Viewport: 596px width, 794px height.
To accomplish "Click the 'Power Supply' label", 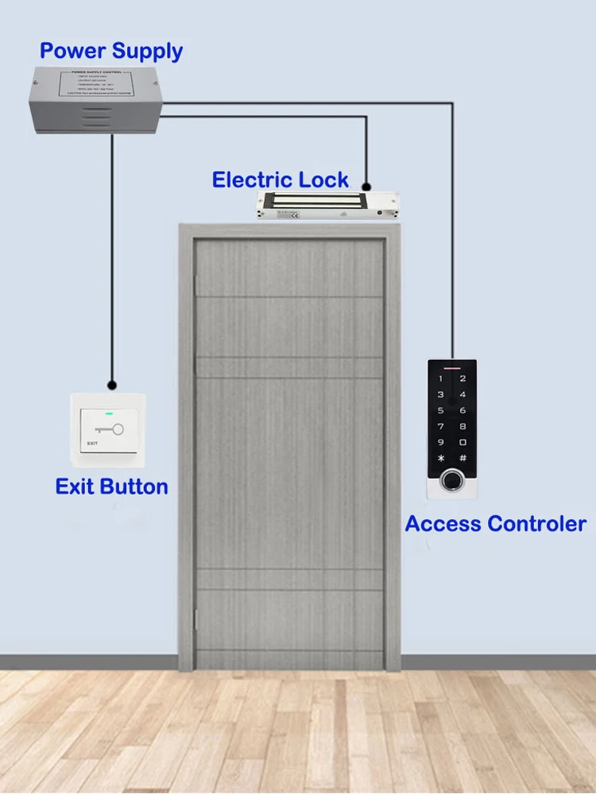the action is point(111,52).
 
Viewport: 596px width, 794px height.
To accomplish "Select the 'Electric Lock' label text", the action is point(280,179).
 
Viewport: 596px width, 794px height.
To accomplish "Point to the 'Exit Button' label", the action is point(111,486).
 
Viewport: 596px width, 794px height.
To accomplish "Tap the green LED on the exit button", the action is point(109,413).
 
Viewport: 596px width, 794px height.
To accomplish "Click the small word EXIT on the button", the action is point(91,443).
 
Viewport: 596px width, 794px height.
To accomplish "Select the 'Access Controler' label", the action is point(495,524).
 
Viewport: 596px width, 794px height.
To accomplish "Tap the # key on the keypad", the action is point(463,458).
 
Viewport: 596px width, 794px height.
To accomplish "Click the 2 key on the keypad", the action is point(463,379).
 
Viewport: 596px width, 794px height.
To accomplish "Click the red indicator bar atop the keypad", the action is point(451,368).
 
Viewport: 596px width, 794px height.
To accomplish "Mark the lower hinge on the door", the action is point(195,615).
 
